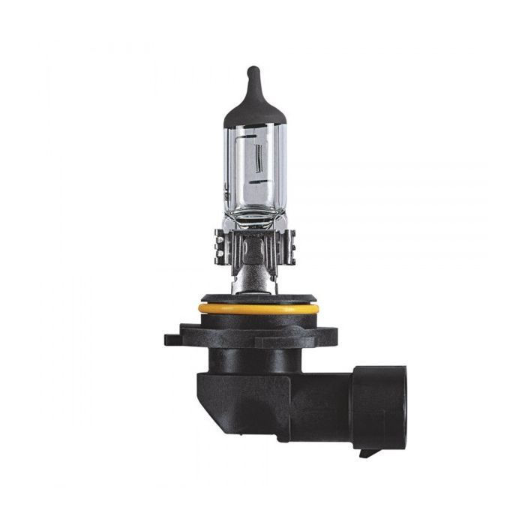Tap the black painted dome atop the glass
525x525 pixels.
coord(253,105)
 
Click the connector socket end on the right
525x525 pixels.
coord(379,405)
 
